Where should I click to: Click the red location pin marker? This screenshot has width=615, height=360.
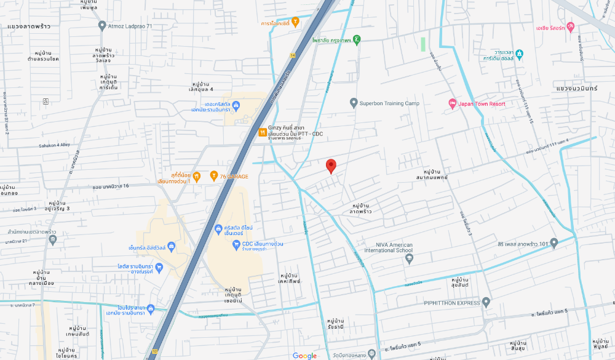click(331, 166)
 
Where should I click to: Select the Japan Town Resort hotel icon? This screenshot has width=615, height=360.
click(452, 103)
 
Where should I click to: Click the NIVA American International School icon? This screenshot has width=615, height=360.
click(409, 258)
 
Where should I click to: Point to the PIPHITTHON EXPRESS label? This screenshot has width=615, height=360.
click(452, 303)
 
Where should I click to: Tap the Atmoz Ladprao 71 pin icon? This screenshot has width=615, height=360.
click(102, 25)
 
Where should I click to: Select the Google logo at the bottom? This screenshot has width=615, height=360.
click(304, 356)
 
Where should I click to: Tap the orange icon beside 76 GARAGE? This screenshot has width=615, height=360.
click(213, 177)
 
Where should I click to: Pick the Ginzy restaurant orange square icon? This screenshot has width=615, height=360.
click(263, 131)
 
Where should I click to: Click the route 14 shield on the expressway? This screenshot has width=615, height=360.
click(293, 55)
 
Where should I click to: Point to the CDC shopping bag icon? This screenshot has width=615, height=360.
click(236, 244)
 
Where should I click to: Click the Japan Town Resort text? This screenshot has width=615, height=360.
click(482, 104)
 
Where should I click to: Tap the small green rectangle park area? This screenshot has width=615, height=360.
click(423, 44)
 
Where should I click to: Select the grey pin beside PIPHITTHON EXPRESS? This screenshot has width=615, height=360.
click(486, 302)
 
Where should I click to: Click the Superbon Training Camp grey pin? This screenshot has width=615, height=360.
click(353, 103)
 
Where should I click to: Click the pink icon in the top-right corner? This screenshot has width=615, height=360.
click(570, 27)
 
